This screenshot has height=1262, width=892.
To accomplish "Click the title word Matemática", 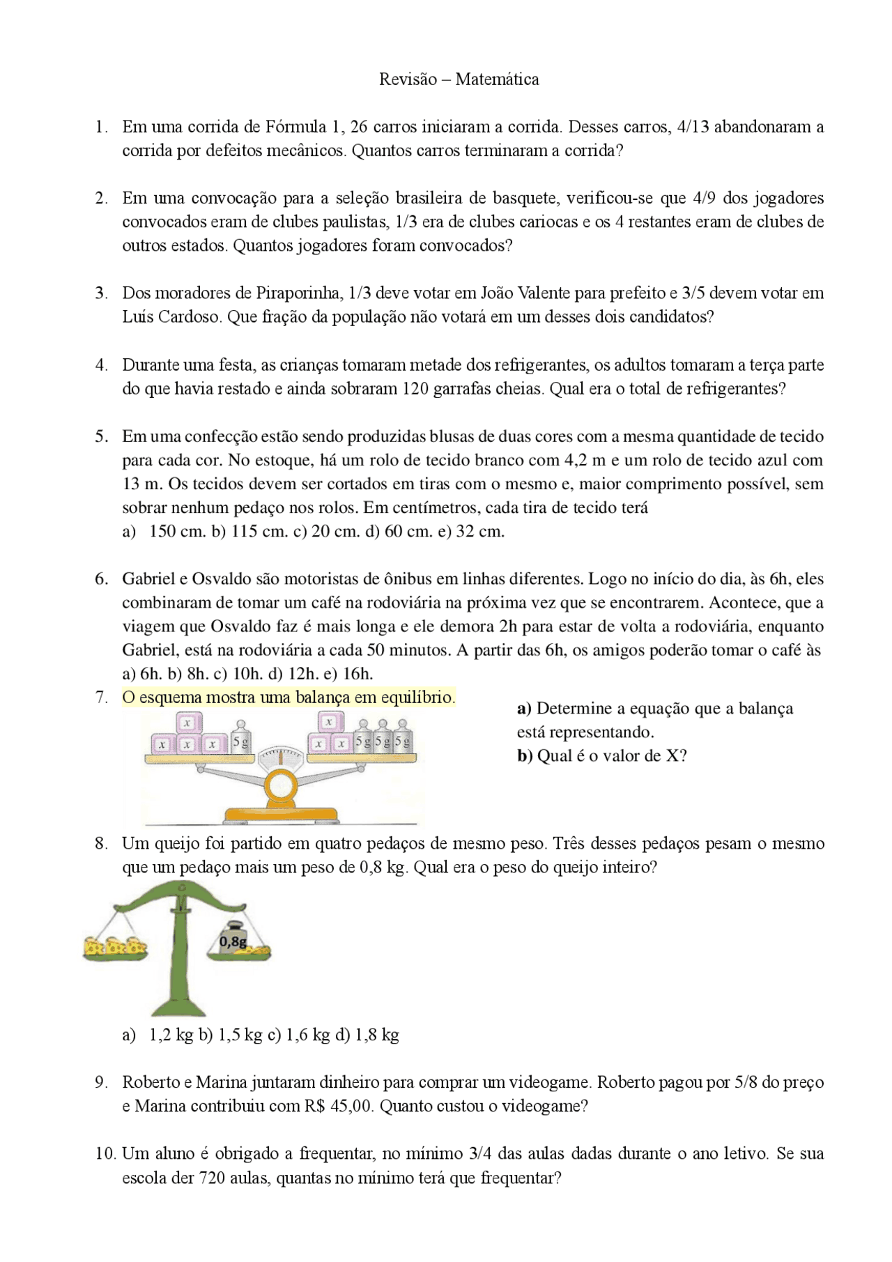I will coord(497,79).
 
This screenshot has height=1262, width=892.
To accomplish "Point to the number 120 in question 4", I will coord(415,389).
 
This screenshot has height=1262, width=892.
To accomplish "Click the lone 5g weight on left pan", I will coord(240,740).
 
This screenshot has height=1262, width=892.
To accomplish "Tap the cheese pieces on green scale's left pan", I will coord(116,946).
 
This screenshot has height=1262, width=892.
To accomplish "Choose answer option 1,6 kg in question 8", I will coord(307,1035).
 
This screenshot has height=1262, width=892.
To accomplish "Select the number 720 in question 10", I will coord(212,1178).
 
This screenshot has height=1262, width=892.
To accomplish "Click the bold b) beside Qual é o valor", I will coord(524,756).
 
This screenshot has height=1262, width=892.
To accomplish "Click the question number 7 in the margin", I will coord(101,698).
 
